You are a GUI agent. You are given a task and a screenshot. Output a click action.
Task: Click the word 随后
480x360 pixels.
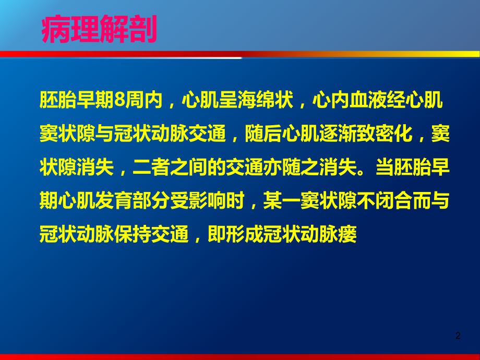coord(265,134)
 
